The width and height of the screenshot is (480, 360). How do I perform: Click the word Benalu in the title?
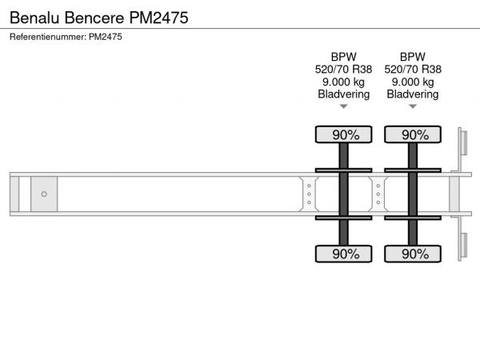34,18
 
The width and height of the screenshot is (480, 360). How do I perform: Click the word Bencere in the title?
94,18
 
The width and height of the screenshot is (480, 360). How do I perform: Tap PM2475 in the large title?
159,18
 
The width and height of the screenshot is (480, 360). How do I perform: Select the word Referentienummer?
48,37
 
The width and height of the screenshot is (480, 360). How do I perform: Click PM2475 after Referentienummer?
106,37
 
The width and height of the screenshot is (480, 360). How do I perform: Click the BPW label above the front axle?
344,57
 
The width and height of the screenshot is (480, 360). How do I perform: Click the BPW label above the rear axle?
413,57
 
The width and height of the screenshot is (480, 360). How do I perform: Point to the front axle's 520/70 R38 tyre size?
344,70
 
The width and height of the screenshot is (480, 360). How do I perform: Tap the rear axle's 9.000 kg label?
413,82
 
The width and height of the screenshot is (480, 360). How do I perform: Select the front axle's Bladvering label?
344,94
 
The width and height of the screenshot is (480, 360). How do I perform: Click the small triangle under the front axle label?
344,106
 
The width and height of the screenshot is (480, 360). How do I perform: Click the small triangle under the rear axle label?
413,106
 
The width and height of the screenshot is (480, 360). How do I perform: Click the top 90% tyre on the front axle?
344,134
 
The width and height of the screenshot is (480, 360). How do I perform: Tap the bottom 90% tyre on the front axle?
344,254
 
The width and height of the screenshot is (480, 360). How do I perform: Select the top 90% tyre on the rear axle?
413,134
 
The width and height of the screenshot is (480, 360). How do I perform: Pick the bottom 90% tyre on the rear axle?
413,254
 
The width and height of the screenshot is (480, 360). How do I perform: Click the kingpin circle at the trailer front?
44,194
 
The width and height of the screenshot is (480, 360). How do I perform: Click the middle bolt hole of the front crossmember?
309,194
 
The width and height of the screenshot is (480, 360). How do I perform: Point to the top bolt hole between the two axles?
378,186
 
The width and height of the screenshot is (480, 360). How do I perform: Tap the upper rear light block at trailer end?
463,143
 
